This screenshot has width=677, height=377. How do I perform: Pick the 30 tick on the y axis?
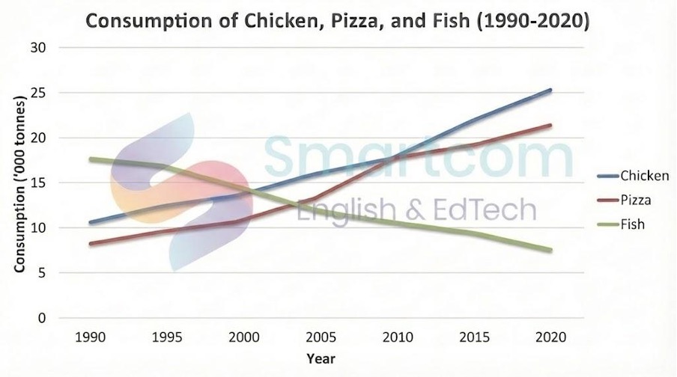coord(38,48)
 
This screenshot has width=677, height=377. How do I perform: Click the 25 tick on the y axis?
coord(38,93)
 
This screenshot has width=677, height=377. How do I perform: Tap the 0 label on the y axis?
coord(42,318)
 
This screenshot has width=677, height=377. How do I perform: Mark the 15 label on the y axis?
coord(38,183)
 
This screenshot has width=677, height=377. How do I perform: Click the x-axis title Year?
coord(319,359)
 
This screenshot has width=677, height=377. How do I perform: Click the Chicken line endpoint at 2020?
coord(550,91)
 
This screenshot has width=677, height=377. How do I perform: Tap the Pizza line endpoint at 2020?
coord(550,126)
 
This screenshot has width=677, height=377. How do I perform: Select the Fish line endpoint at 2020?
coord(550,250)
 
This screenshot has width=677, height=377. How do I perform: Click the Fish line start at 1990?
coord(90,159)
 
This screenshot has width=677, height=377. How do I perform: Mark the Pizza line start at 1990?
coord(90,244)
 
